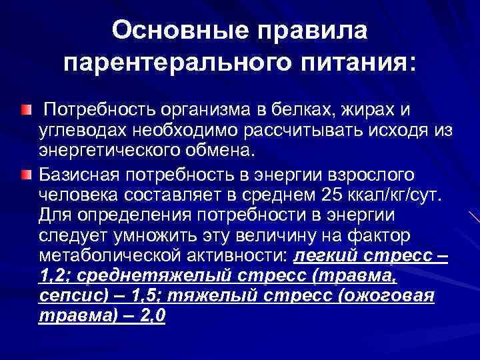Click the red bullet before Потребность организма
(x=25, y=108)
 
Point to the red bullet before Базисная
(x=25, y=175)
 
